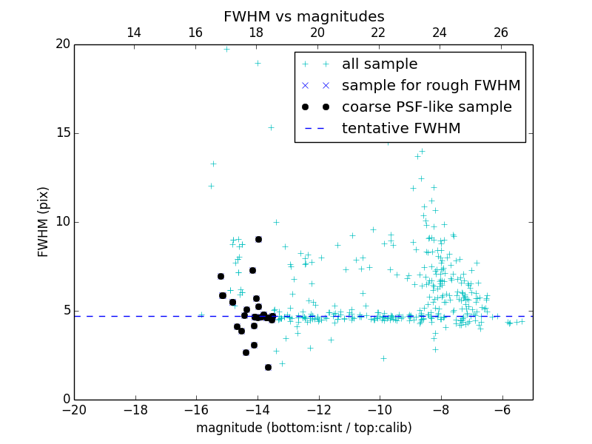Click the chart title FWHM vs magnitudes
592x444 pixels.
[303, 16]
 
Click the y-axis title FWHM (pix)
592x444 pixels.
[44, 222]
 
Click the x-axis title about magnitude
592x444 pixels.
[303, 428]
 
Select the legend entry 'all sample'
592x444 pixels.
[380, 64]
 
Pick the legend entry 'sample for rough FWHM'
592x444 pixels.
[431, 86]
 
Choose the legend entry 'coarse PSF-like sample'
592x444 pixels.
[426, 107]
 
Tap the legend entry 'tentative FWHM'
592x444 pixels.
[401, 129]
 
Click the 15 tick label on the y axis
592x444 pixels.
[62, 133]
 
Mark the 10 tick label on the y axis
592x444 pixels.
[62, 222]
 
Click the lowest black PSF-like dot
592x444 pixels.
[268, 367]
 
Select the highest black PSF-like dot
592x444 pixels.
[258, 239]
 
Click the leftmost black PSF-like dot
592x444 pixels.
[221, 276]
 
